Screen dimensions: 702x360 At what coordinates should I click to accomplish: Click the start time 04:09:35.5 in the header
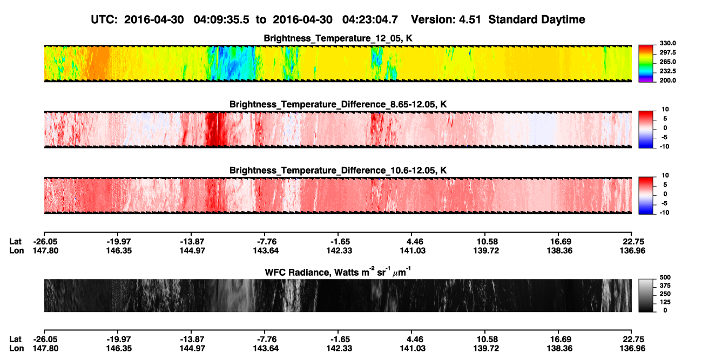pos(221,20)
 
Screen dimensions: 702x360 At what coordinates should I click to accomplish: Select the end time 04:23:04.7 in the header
pos(370,20)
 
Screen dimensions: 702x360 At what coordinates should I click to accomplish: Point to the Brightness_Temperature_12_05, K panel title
pos(338,38)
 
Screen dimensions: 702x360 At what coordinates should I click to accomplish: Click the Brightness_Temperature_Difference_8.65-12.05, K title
pos(338,104)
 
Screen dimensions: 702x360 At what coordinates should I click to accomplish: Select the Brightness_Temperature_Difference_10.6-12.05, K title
pos(338,171)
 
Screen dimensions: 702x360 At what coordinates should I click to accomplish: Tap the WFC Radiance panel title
pos(338,272)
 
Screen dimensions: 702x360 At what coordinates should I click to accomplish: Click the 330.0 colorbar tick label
pos(667,43)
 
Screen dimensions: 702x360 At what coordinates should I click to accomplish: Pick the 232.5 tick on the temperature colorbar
pos(667,71)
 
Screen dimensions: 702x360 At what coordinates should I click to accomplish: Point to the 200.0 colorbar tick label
pos(667,80)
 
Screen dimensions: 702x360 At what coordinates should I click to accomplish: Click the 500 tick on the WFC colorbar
pos(665,277)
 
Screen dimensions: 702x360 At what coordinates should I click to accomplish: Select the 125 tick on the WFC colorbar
pos(665,302)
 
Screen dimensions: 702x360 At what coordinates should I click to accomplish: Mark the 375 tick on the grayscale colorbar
pos(665,286)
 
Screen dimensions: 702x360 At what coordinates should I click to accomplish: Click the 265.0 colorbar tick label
pos(667,62)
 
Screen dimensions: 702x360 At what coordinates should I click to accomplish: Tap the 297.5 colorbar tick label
pos(667,53)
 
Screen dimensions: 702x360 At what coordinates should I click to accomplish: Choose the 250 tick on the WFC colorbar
pos(665,294)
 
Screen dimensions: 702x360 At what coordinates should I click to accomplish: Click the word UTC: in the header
pos(104,20)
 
